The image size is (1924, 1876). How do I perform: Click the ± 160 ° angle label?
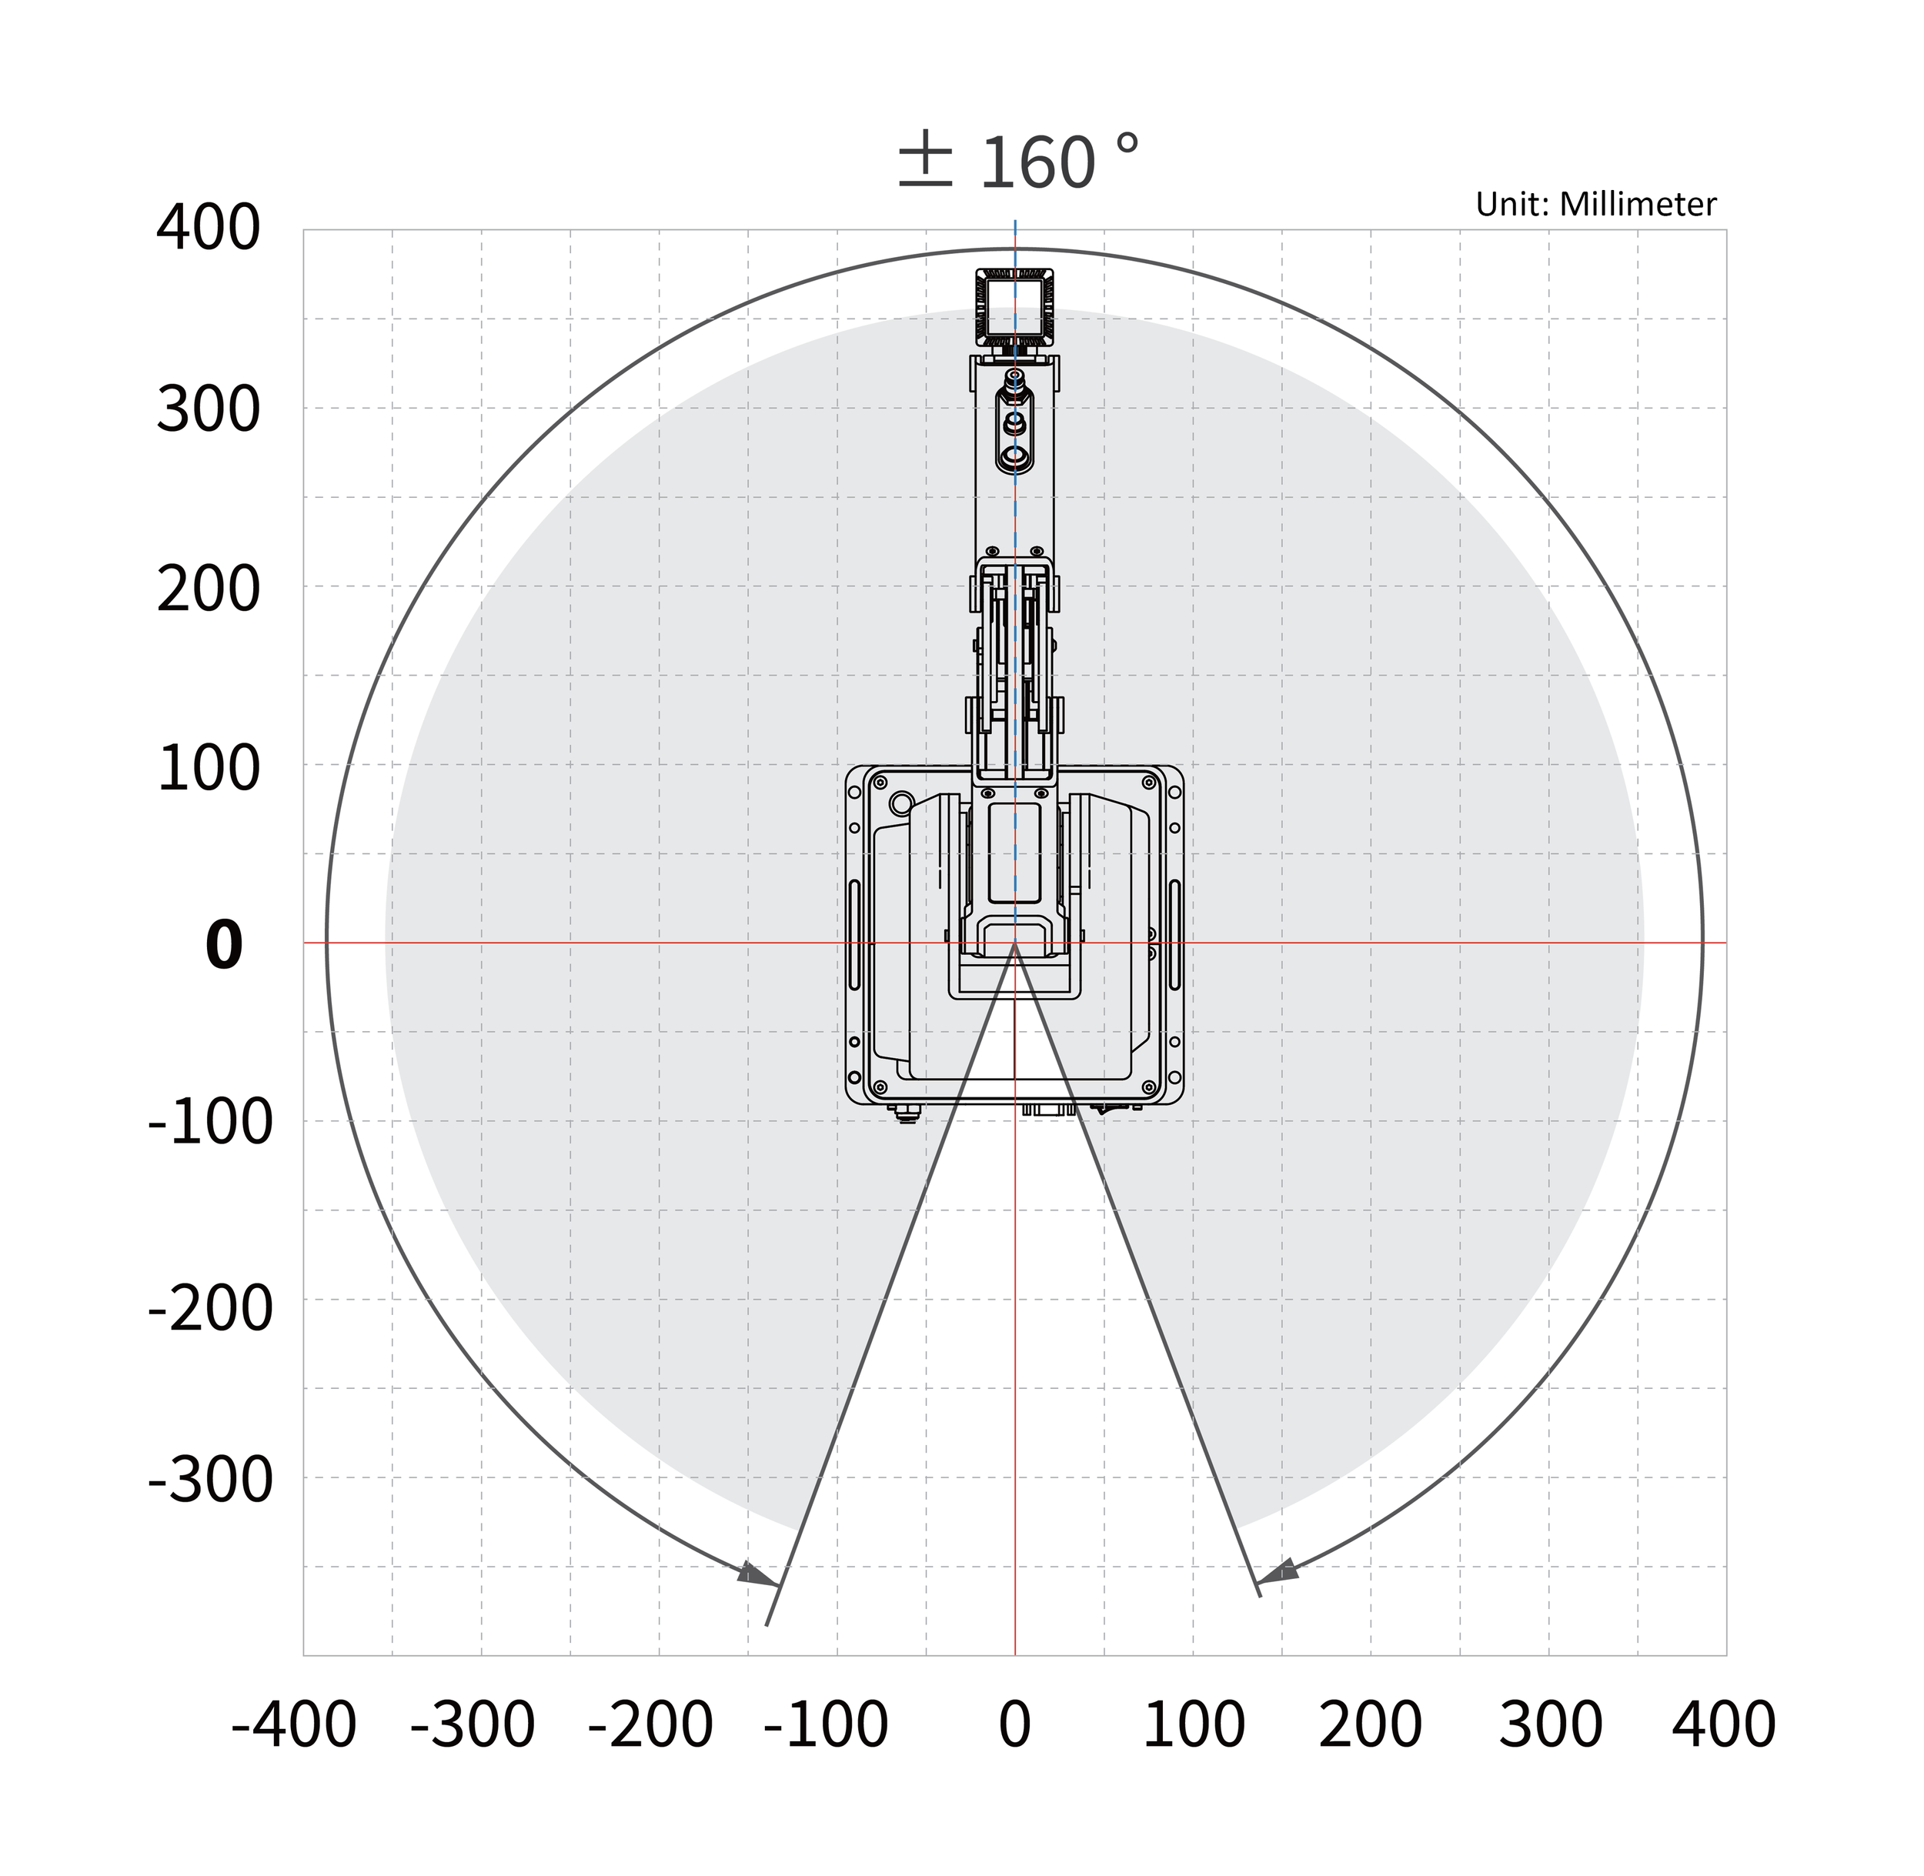(x=1018, y=162)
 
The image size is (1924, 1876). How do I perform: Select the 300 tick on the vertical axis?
(x=208, y=409)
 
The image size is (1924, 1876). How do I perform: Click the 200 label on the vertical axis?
(x=208, y=589)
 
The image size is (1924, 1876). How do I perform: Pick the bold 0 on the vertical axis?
(x=224, y=945)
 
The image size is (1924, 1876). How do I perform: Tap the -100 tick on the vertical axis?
(x=210, y=1122)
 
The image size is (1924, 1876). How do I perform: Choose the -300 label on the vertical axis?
(x=210, y=1479)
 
